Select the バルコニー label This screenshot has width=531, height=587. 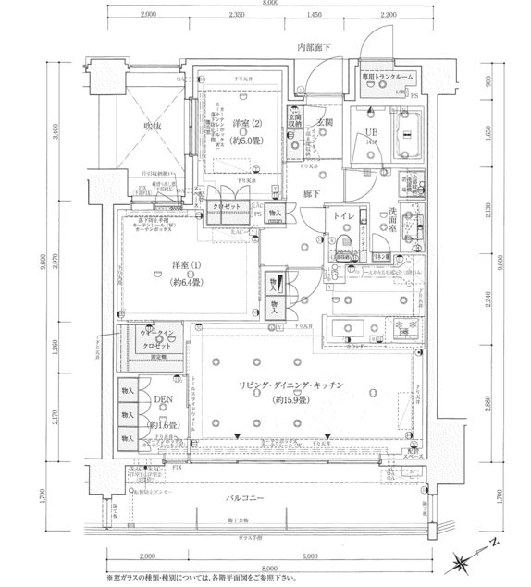(x=252, y=499)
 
